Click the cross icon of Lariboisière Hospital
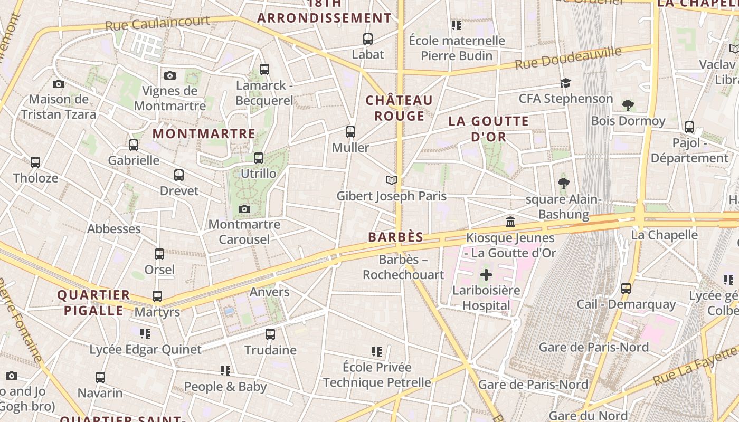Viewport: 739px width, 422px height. (x=486, y=275)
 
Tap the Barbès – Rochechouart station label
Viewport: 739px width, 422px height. (x=403, y=267)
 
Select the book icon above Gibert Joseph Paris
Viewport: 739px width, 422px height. (x=391, y=180)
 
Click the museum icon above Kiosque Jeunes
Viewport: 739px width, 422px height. (x=510, y=222)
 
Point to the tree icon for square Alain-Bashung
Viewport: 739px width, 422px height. (x=563, y=184)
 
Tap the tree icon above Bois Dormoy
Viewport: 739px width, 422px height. (x=628, y=105)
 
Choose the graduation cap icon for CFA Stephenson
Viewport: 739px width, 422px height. (x=565, y=83)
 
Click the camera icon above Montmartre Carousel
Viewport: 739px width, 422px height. (x=244, y=209)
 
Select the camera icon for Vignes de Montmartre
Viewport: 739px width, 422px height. (x=169, y=75)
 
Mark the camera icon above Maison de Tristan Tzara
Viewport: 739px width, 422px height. (x=59, y=84)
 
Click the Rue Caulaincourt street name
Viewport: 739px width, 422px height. (x=157, y=23)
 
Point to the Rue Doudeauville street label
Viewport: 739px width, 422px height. (x=568, y=58)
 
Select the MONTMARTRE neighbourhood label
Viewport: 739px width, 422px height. (x=204, y=134)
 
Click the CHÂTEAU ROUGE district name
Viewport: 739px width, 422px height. (x=399, y=108)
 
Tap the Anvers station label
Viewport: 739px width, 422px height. (x=269, y=292)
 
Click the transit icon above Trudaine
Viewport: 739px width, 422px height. (x=270, y=334)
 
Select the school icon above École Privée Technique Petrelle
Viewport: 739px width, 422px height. (x=376, y=351)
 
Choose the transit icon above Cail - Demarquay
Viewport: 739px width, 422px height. (x=626, y=289)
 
